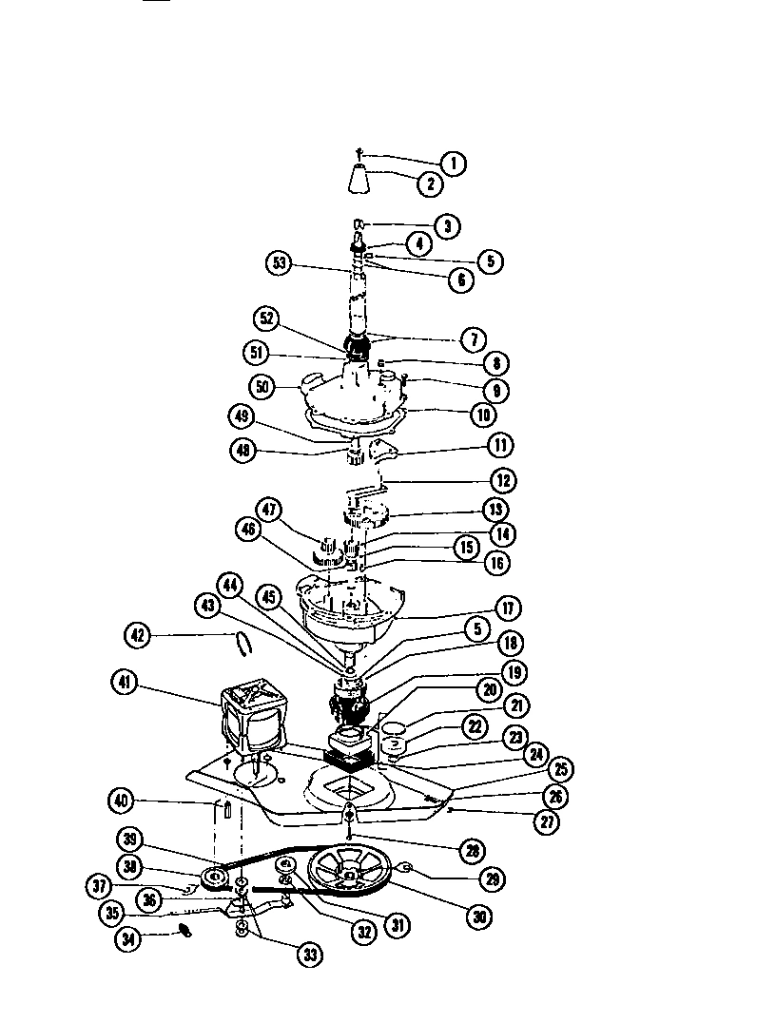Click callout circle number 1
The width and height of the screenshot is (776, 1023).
453,163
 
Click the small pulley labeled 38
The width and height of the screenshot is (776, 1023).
212,876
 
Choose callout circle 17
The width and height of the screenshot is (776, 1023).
508,607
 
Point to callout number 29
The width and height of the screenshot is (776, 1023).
492,878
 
